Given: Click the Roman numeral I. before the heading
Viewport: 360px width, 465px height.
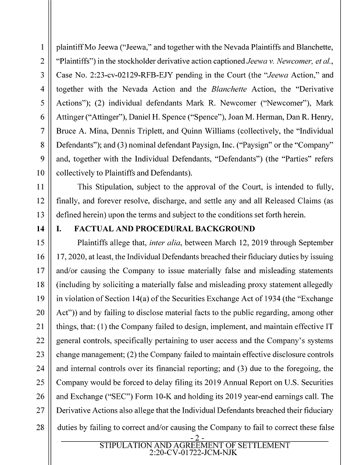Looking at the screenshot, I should coord(59,229).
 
